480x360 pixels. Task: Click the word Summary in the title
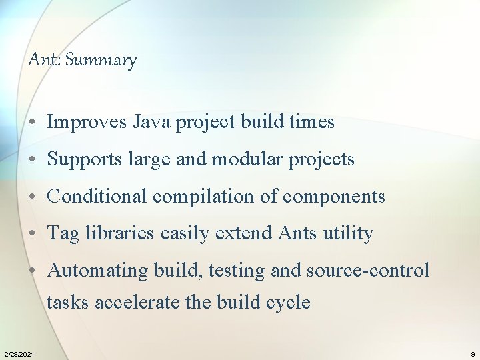[x=101, y=60]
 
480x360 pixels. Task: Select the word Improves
[x=88, y=122]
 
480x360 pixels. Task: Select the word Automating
[x=99, y=271]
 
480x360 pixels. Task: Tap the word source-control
[x=368, y=271]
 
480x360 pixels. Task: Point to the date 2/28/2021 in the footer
[x=19, y=353]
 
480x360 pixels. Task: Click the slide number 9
[x=473, y=353]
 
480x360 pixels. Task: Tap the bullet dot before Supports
[x=32, y=160]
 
